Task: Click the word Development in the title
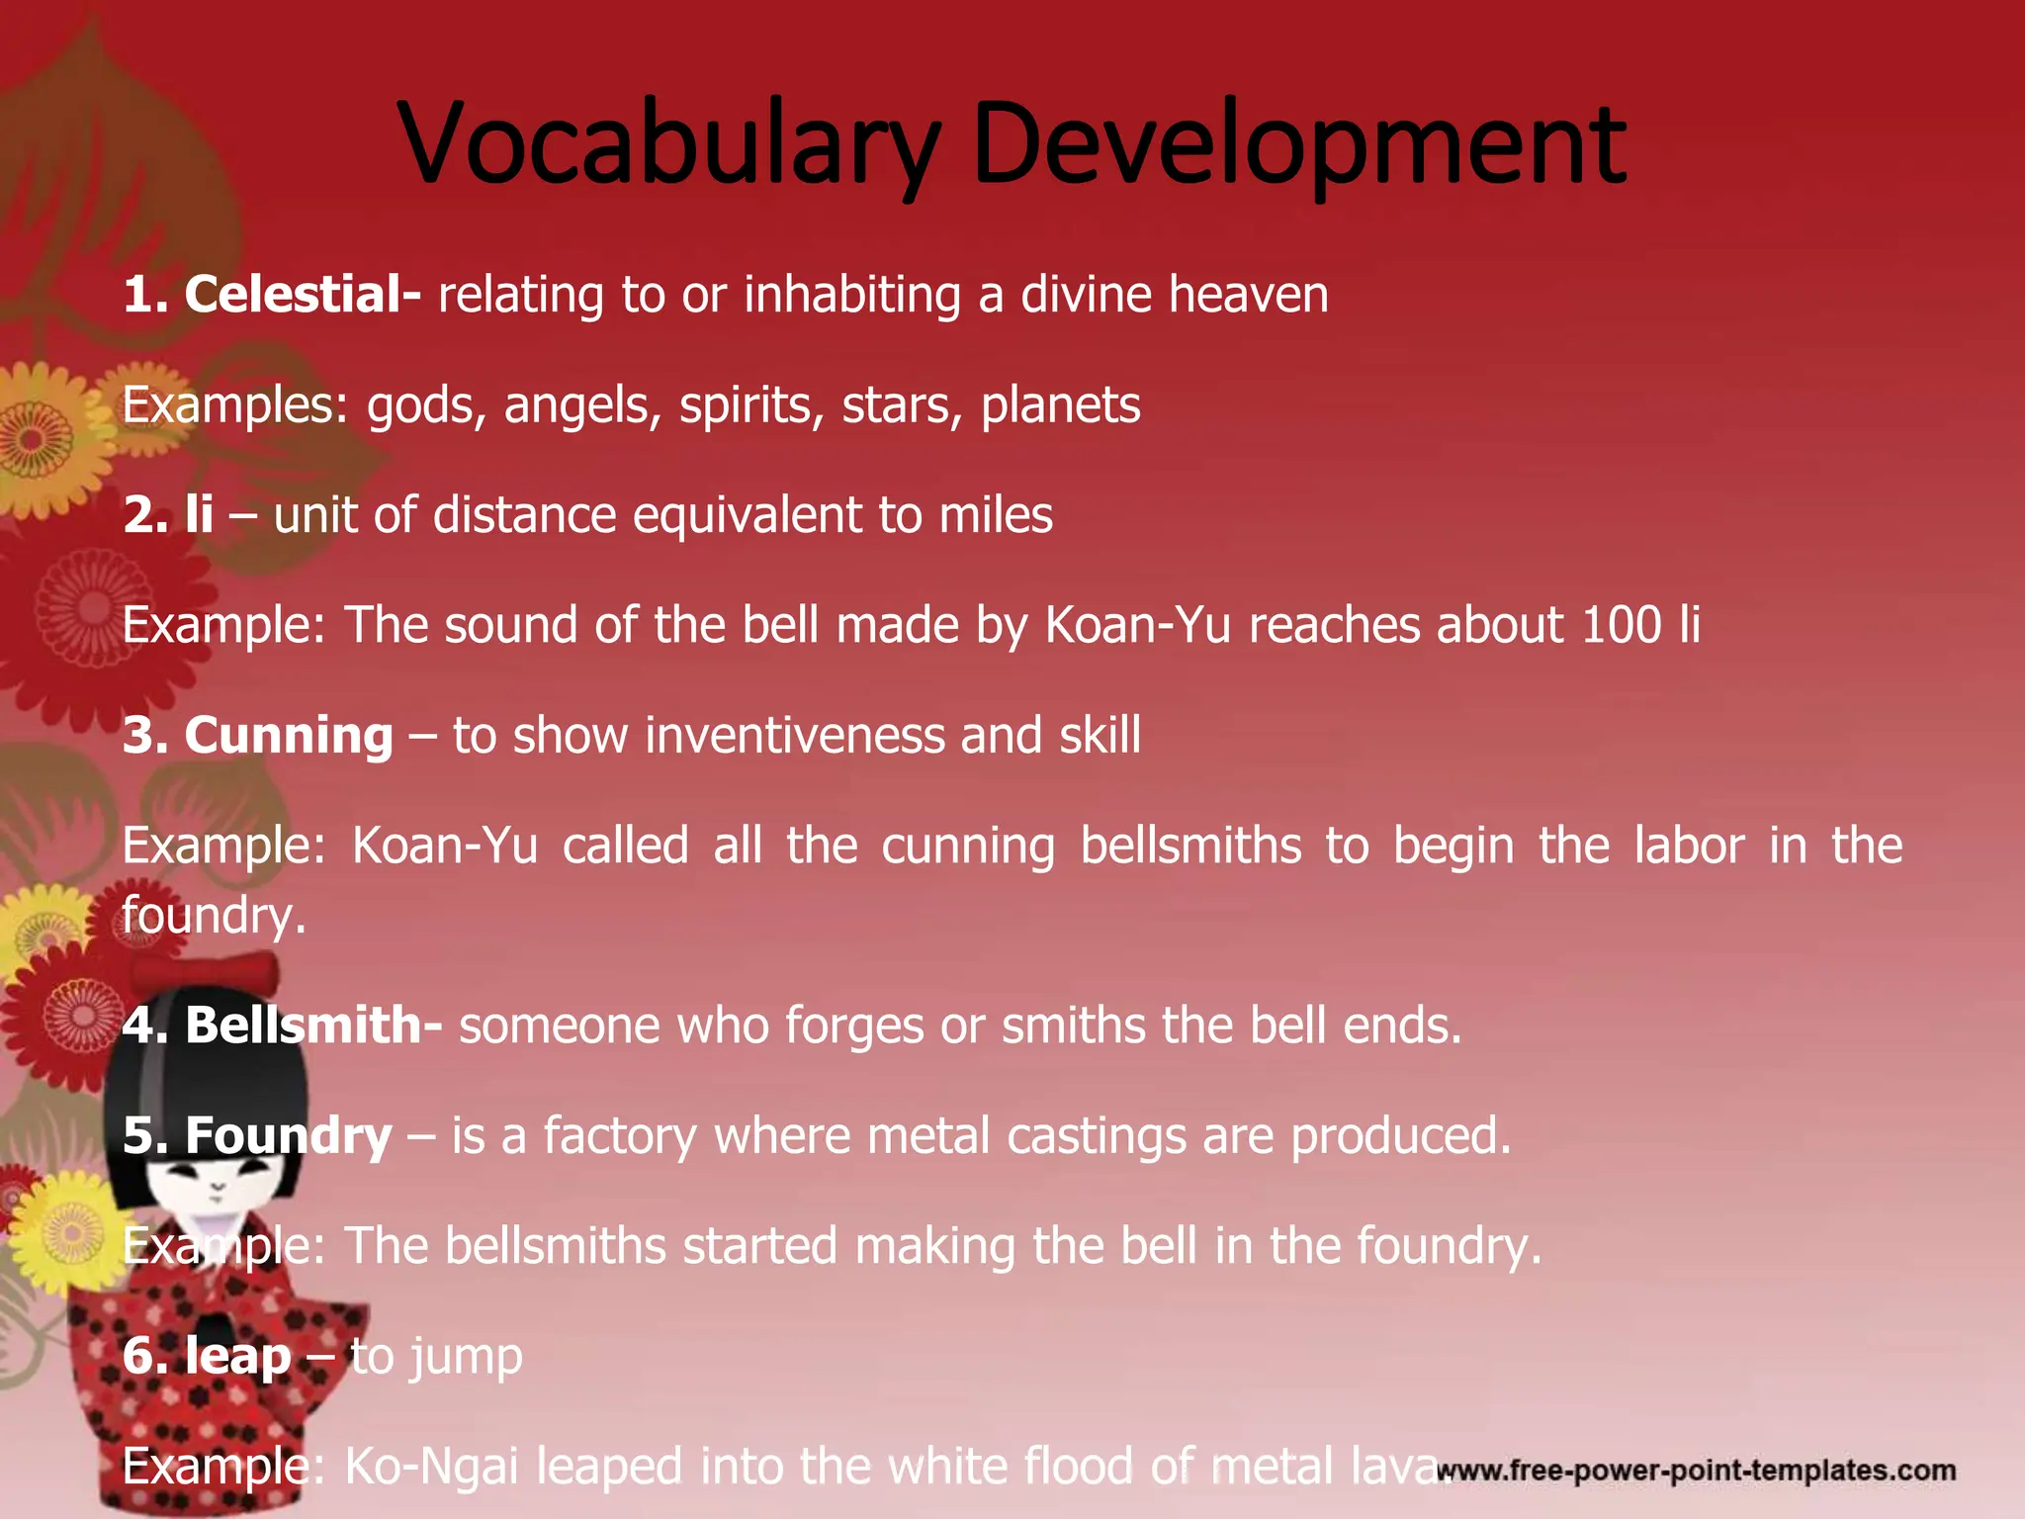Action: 1298,144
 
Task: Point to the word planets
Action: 1060,405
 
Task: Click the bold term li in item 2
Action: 199,514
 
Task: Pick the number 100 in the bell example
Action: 1621,625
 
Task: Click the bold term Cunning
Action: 288,736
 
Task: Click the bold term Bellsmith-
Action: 312,1025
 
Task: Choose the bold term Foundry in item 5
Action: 288,1135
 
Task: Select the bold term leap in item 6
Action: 237,1357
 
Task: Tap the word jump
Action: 467,1357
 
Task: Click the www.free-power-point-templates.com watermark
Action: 1695,1471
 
